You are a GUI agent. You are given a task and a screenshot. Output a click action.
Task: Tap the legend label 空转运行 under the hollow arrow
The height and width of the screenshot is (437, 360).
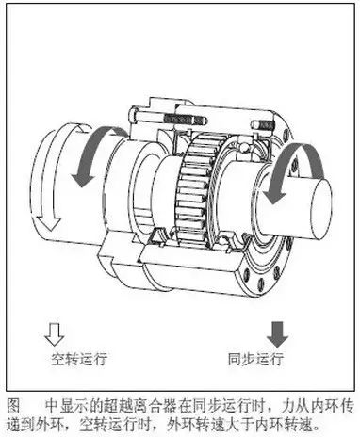(74, 360)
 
